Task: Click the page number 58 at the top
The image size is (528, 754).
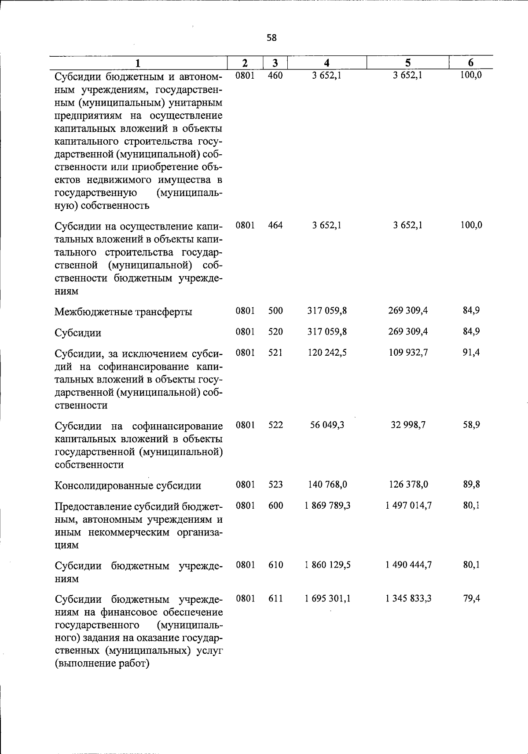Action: coord(271,38)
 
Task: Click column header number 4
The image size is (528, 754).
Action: coord(326,63)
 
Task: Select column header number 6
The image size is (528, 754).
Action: coord(470,63)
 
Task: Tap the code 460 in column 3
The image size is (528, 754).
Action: coord(275,75)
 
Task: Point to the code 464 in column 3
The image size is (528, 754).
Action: coord(275,226)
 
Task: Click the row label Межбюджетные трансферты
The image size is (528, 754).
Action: coord(123,312)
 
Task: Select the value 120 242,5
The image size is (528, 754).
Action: coord(327,353)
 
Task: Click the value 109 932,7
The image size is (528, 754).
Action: coord(408,353)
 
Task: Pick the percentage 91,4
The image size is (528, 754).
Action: coord(471,353)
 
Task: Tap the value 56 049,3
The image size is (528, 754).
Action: coord(327,425)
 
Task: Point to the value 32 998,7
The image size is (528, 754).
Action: coord(408,425)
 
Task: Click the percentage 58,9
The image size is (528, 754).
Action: coord(471,425)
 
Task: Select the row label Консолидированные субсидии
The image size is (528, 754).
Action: coord(128,486)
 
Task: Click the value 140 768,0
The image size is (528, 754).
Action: coord(327,484)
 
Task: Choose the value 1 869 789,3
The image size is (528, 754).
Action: coord(327,506)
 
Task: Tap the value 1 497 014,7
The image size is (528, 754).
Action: coord(408,506)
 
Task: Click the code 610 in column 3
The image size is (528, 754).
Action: coord(275,565)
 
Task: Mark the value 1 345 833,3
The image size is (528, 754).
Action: coord(408,599)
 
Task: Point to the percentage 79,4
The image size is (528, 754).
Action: coord(471,599)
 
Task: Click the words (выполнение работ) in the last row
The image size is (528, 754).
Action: coord(102,664)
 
